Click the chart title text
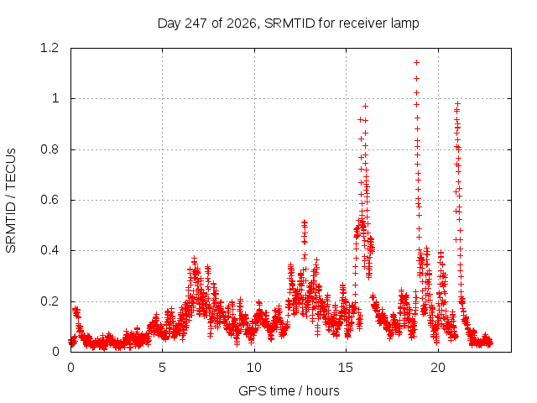click(x=288, y=24)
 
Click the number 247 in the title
click(x=196, y=23)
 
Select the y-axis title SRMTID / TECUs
click(x=11, y=201)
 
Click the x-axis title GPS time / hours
click(x=289, y=390)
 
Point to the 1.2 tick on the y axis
click(x=50, y=48)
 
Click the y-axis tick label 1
click(x=55, y=99)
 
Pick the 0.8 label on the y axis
click(x=50, y=149)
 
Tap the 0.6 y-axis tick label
click(x=50, y=200)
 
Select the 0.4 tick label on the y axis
click(x=50, y=250)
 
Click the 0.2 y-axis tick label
click(x=50, y=301)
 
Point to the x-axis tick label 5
click(x=162, y=368)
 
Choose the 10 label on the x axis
click(x=254, y=368)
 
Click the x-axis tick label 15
click(x=346, y=368)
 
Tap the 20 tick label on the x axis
click(x=438, y=368)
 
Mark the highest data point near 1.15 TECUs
click(x=416, y=62)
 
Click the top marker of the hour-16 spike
click(x=366, y=107)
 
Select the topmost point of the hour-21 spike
click(x=457, y=103)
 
